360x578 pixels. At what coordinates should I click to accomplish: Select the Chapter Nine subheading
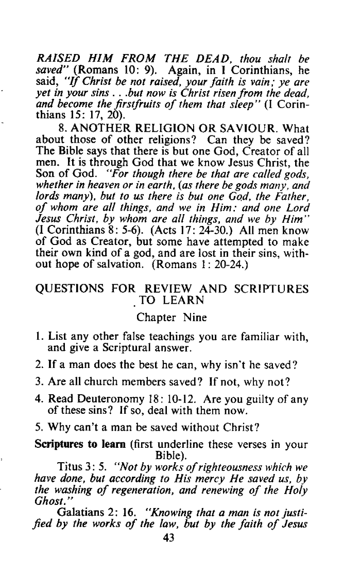click(x=172, y=318)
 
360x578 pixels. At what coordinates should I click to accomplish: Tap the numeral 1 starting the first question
click(x=38, y=337)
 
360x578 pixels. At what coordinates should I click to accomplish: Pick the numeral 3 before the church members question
click(x=39, y=382)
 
